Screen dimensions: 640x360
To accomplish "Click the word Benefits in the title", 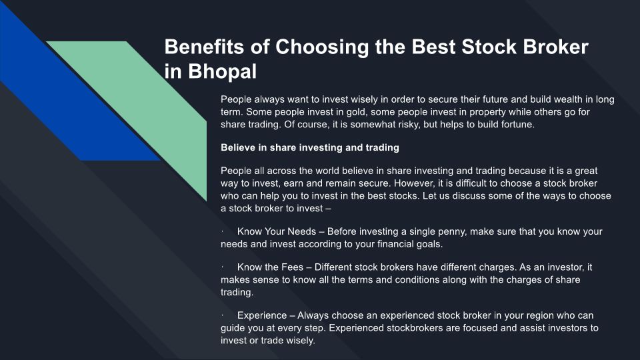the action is (204, 47).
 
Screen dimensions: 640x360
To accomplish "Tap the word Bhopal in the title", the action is (223, 71).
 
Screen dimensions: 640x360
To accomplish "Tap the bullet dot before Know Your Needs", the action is (223, 231).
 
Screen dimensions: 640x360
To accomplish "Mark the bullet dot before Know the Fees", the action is (223, 267).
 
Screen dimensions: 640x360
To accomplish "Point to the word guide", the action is (232, 329).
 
